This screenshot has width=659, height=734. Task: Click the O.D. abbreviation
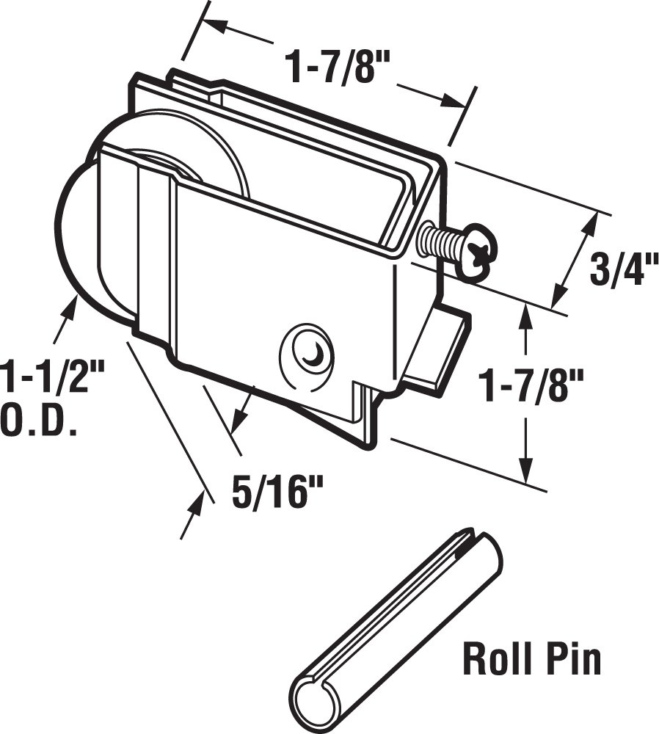pyautogui.click(x=39, y=423)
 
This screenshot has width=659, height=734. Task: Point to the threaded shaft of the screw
pyautogui.click(x=438, y=241)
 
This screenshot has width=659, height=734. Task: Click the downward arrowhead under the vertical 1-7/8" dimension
pyautogui.click(x=525, y=470)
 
